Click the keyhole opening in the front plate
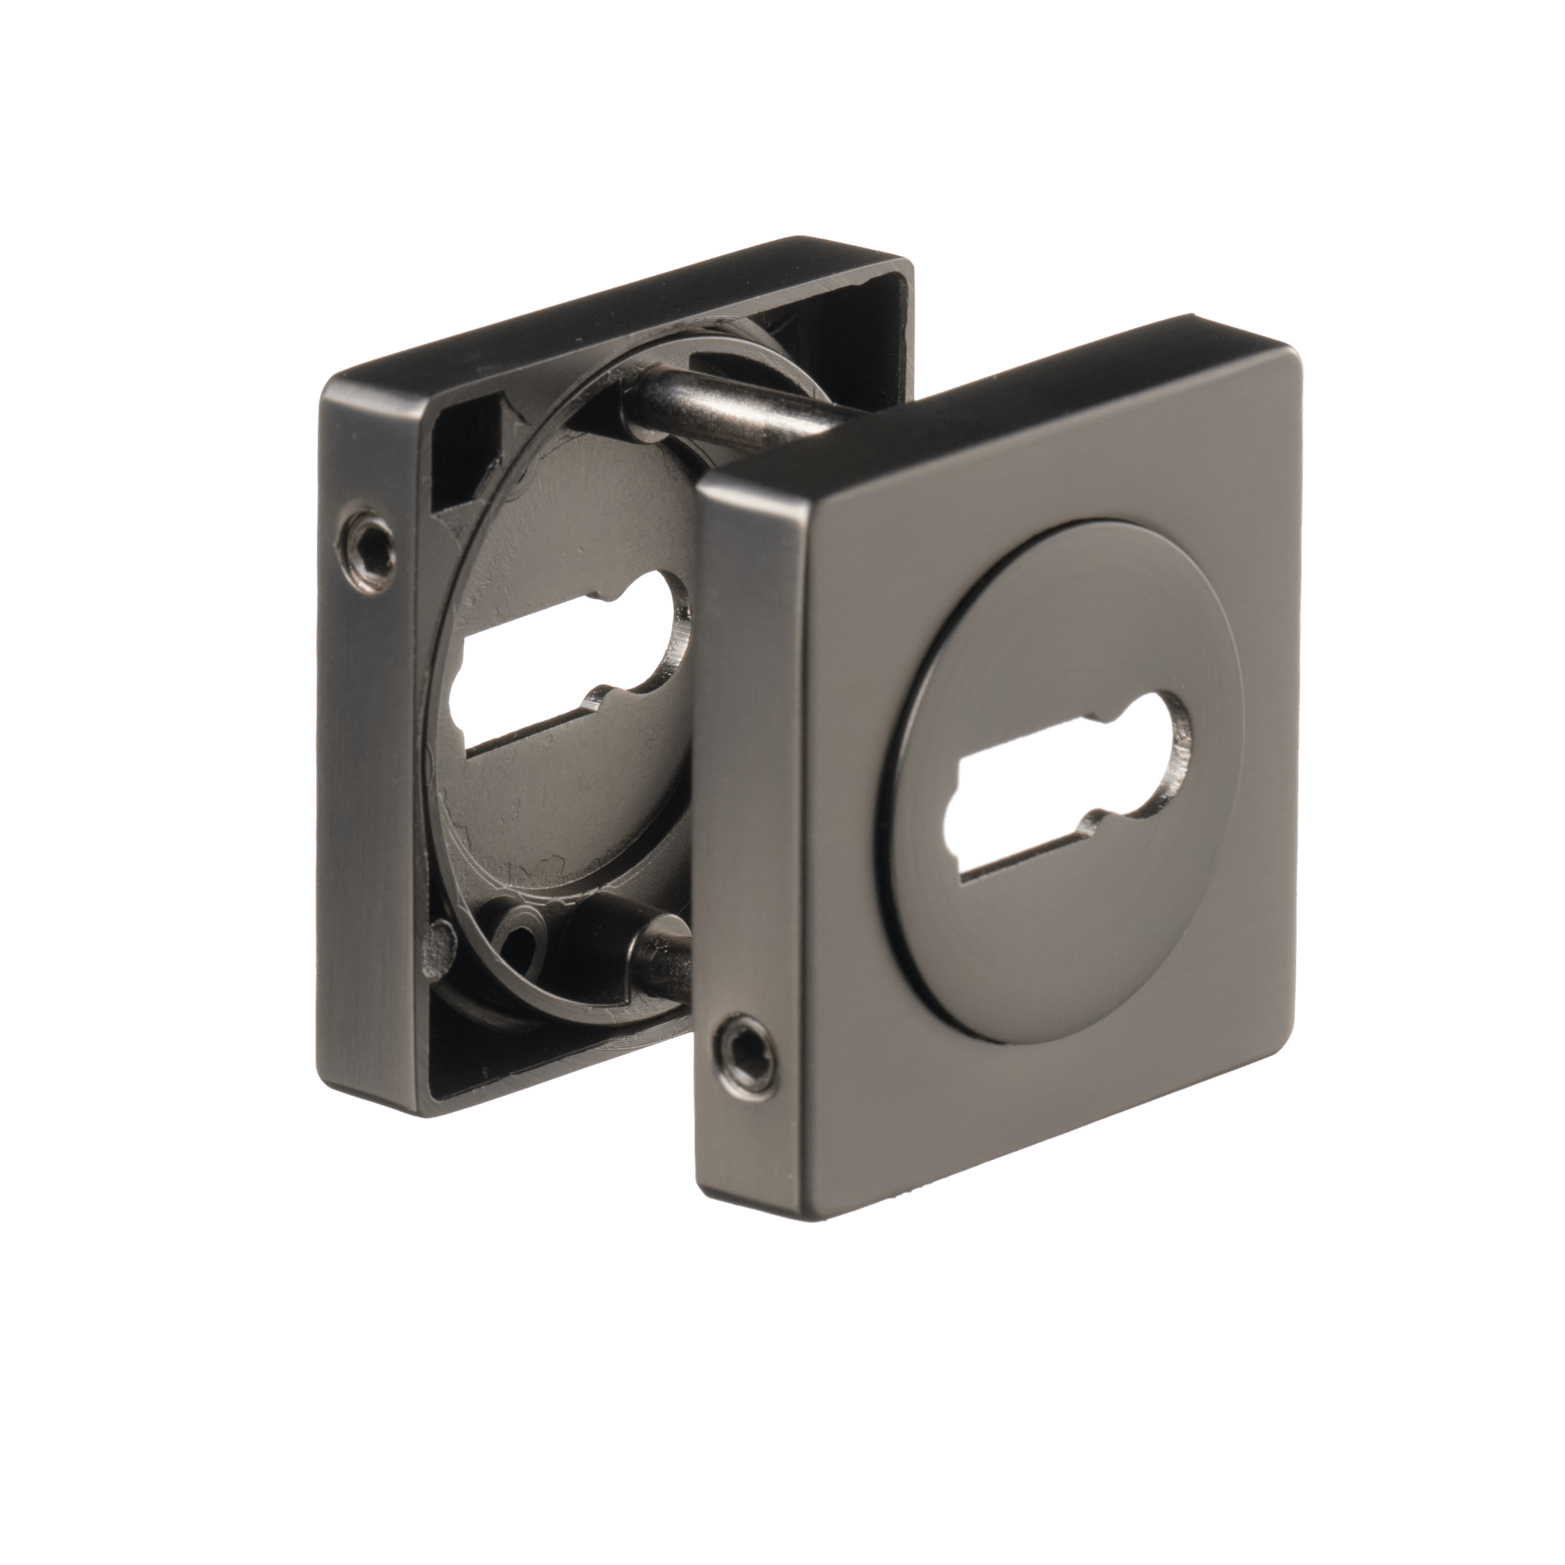click(1069, 784)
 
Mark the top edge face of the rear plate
click(616, 316)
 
